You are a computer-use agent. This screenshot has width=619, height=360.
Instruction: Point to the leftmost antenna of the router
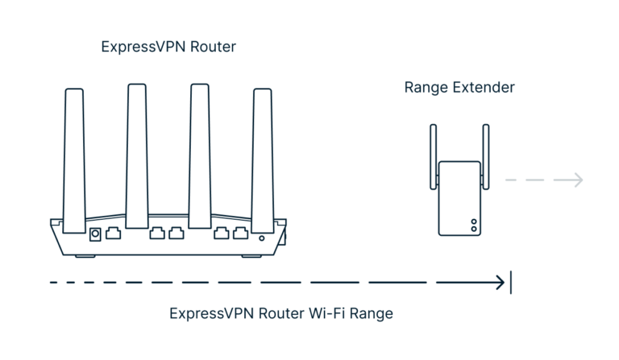tap(74, 153)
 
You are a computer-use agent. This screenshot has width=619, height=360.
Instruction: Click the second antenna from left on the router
tap(137, 149)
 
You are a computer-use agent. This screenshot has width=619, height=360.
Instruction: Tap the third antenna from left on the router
tap(200, 149)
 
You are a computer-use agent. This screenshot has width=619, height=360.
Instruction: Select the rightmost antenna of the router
tap(263, 153)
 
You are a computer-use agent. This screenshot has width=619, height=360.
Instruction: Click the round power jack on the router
tap(95, 234)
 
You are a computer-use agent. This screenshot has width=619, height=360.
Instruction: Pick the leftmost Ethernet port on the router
tap(114, 234)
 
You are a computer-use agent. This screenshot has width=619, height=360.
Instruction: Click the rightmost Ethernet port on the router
tap(240, 234)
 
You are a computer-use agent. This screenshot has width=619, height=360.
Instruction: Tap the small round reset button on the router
tap(262, 238)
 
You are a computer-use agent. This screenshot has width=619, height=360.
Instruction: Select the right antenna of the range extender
tap(485, 155)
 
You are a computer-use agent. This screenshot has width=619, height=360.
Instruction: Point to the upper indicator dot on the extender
tap(474, 221)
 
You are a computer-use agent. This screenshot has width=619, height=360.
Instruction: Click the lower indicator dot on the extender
tap(474, 229)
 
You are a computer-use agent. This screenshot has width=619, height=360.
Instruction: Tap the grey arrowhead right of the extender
tap(578, 180)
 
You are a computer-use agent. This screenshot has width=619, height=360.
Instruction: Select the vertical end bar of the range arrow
tap(511, 283)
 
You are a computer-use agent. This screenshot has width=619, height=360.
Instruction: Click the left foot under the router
tap(85, 256)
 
